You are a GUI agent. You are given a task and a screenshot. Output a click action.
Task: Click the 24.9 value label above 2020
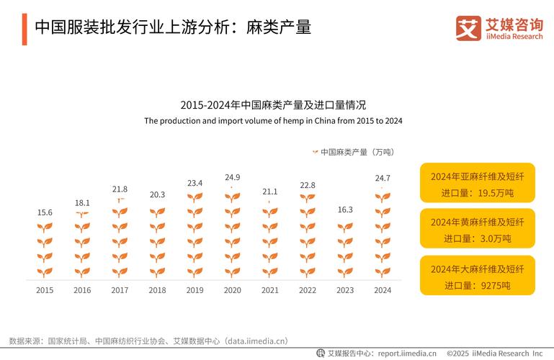tap(232, 177)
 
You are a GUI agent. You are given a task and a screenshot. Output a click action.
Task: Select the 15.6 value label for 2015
tap(45, 212)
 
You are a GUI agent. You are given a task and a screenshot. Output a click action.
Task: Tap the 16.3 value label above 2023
tap(345, 210)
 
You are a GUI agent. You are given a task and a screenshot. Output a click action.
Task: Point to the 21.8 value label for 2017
tap(120, 189)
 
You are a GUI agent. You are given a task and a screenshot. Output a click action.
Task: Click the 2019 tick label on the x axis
tap(195, 290)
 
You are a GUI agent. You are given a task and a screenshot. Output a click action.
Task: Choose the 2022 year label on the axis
tap(308, 290)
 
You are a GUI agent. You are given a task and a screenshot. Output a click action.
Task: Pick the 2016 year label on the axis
tap(82, 290)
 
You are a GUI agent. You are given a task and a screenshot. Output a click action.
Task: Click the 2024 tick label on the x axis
tap(383, 290)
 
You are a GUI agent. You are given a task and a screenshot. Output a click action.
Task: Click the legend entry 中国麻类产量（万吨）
tap(353, 152)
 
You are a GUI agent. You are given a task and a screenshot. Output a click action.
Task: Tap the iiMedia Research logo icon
tap(468, 27)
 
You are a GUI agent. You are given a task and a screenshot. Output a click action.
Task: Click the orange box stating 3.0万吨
tap(478, 229)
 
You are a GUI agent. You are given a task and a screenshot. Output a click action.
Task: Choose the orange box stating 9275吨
tap(478, 276)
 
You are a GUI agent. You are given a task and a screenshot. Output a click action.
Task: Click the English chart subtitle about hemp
tap(273, 121)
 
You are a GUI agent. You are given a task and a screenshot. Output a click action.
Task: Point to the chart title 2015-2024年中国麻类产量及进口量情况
tap(273, 105)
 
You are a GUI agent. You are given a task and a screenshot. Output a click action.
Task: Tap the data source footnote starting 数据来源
tap(148, 341)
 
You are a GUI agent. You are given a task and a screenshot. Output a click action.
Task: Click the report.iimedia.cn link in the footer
tap(407, 354)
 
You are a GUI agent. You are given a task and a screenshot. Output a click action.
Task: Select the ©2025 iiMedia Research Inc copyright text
tap(494, 354)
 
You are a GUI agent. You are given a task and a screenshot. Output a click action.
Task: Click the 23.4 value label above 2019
tap(195, 183)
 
